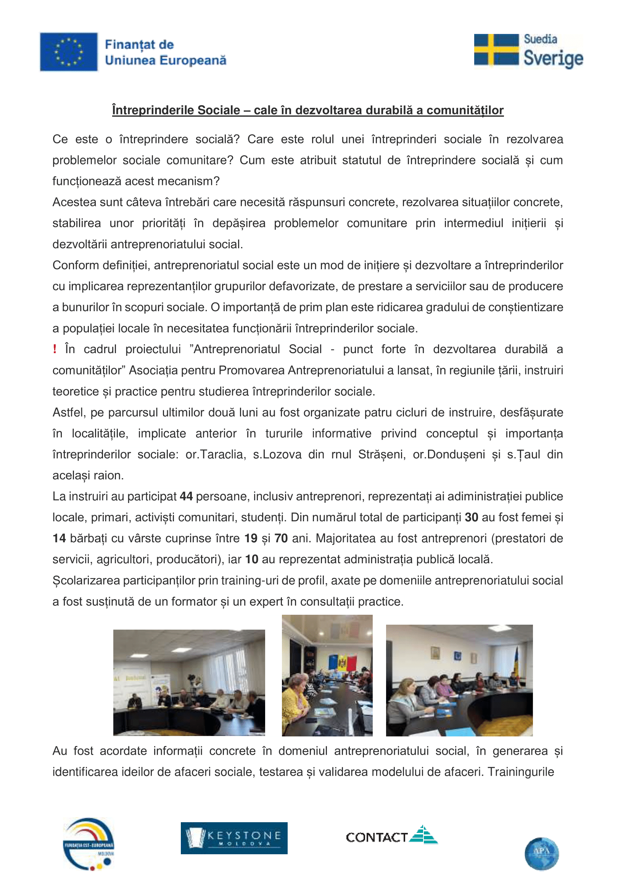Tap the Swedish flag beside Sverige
(496, 50)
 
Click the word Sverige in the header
(553, 58)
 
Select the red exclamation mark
(55, 349)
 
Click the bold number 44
(186, 497)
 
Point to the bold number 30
(471, 518)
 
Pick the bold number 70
(281, 538)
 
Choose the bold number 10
(251, 559)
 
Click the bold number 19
(251, 538)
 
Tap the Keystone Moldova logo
(234, 838)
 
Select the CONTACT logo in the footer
(392, 835)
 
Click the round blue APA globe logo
(542, 854)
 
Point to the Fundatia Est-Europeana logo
(89, 844)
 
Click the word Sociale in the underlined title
(219, 110)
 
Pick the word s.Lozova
(277, 455)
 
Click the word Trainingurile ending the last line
(521, 771)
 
